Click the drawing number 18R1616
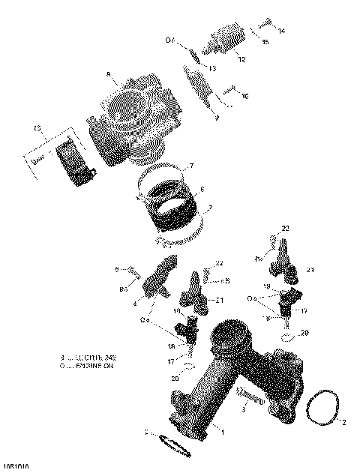(x=16, y=466)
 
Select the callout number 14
(x=281, y=31)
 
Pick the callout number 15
(x=265, y=43)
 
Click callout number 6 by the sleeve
(x=200, y=190)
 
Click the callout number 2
(x=344, y=422)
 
